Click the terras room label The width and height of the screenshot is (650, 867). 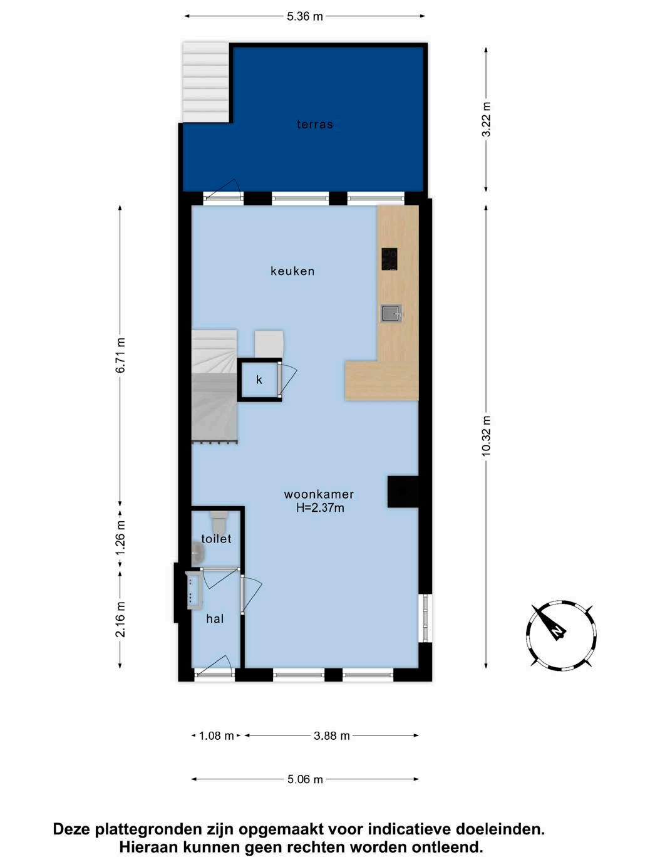[x=315, y=125]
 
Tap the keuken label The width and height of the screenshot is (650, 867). [x=292, y=271]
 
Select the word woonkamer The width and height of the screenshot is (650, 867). [x=319, y=494]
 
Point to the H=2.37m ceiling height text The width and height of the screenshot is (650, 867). [x=320, y=508]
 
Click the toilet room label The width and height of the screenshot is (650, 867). [x=216, y=539]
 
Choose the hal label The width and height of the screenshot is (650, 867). [x=215, y=619]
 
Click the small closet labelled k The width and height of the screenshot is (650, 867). [x=259, y=380]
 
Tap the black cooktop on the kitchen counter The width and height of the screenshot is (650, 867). [x=389, y=259]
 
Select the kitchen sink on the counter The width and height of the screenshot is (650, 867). [x=391, y=313]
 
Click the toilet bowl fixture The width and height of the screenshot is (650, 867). [x=219, y=522]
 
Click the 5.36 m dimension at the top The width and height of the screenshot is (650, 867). [x=305, y=16]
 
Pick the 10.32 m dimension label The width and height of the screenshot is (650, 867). [x=486, y=435]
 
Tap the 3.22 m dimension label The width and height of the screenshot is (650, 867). [x=486, y=119]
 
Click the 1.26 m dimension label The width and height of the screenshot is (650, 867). [x=120, y=537]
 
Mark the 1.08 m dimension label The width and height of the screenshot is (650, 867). [x=216, y=736]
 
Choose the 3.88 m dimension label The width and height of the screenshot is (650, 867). [x=332, y=736]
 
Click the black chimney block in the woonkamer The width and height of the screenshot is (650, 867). [x=403, y=492]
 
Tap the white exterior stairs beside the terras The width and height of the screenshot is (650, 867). [x=205, y=82]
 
